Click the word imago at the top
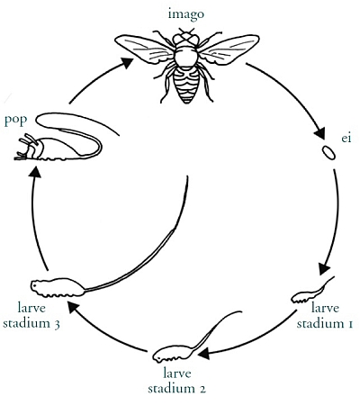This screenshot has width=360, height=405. pyautogui.click(x=186, y=14)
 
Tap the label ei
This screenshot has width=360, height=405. pyautogui.click(x=346, y=139)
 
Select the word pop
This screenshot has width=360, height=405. pyautogui.click(x=15, y=120)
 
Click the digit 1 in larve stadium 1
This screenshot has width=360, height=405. pyautogui.click(x=349, y=324)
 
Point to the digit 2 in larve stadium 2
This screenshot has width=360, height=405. pyautogui.click(x=202, y=389)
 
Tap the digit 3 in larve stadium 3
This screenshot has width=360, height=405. pyautogui.click(x=57, y=325)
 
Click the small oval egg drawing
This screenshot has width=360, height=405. pyautogui.click(x=328, y=153)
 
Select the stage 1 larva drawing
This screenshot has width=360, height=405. pyautogui.click(x=312, y=292)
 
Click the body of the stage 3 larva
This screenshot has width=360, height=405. pyautogui.click(x=57, y=287)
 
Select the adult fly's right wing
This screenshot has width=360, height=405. pyautogui.click(x=229, y=49)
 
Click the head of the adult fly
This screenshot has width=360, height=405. pyautogui.click(x=186, y=38)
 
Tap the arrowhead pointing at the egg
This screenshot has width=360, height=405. pyautogui.click(x=319, y=133)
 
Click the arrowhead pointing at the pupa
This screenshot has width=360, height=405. pyautogui.click(x=36, y=172)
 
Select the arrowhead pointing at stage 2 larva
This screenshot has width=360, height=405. pyautogui.click(x=203, y=353)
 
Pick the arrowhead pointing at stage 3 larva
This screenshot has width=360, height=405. pyautogui.click(x=74, y=308)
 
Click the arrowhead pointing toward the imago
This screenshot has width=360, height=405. pyautogui.click(x=127, y=62)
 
